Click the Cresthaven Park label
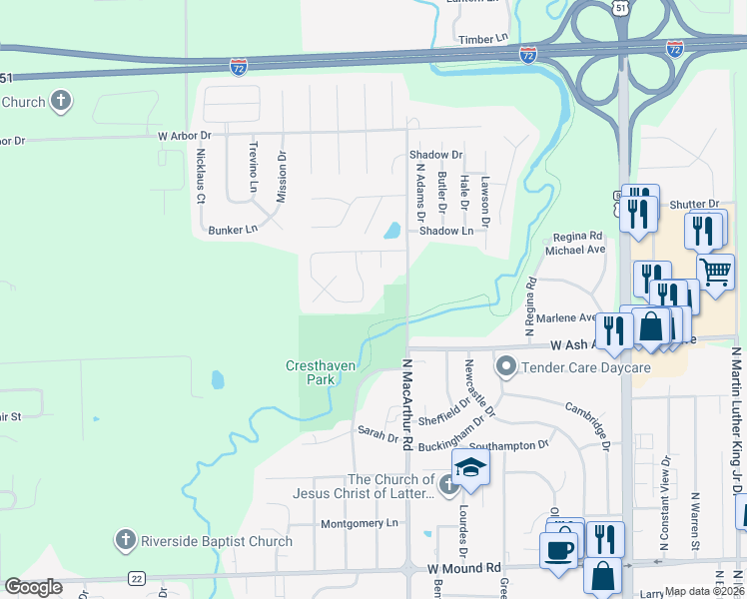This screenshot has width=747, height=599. tap(321, 373)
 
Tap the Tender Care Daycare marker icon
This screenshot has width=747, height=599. tap(507, 368)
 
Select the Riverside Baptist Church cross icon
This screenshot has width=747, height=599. tap(125, 541)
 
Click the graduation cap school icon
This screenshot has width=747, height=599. tap(471, 467)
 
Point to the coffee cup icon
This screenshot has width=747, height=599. tap(557, 549)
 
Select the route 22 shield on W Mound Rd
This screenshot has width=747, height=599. tap(136, 578)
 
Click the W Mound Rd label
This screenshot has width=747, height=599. tap(464, 568)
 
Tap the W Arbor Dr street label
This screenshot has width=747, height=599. tap(185, 134)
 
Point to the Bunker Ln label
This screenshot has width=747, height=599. tap(233, 230)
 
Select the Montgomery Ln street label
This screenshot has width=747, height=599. tap(360, 523)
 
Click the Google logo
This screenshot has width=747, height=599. tap(33, 587)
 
